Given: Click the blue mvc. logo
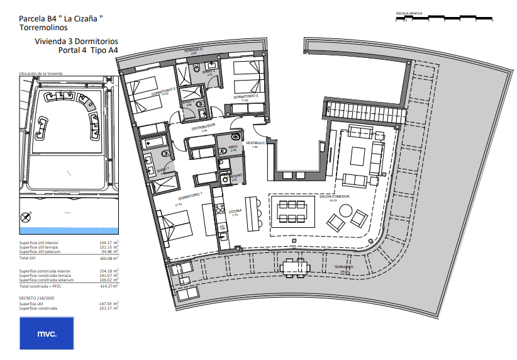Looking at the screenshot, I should click(x=47, y=333).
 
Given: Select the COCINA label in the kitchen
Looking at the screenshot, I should click(x=235, y=211).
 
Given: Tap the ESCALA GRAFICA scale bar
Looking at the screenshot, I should click(x=444, y=17).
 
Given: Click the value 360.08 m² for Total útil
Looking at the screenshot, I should click(x=109, y=258).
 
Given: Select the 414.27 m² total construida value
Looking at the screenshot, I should click(x=109, y=286).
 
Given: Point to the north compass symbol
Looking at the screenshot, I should click(x=26, y=218).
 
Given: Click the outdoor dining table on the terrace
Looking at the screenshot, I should click(x=296, y=267).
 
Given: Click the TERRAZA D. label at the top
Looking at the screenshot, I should click(x=193, y=49).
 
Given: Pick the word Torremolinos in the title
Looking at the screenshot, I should click(x=45, y=28).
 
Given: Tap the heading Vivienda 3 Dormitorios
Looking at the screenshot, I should click(x=76, y=42).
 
